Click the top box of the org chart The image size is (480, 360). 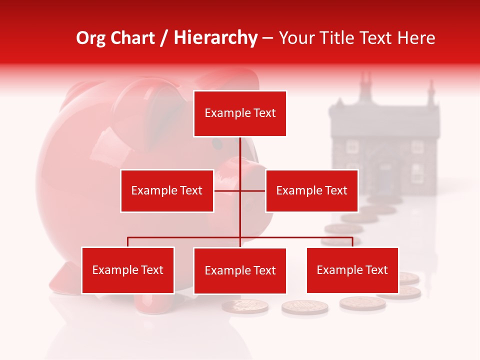(240, 113)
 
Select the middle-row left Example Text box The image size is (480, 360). (167, 190)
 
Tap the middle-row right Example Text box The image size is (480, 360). (311, 190)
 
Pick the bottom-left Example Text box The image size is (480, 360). (128, 270)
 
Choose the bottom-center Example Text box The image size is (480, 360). (240, 270)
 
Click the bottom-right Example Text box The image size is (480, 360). (352, 270)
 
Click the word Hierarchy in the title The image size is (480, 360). (215, 38)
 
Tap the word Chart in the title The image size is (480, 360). (133, 38)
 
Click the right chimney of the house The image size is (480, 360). (429, 92)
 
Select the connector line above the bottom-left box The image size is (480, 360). (128, 242)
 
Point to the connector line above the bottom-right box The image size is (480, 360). (352, 242)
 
